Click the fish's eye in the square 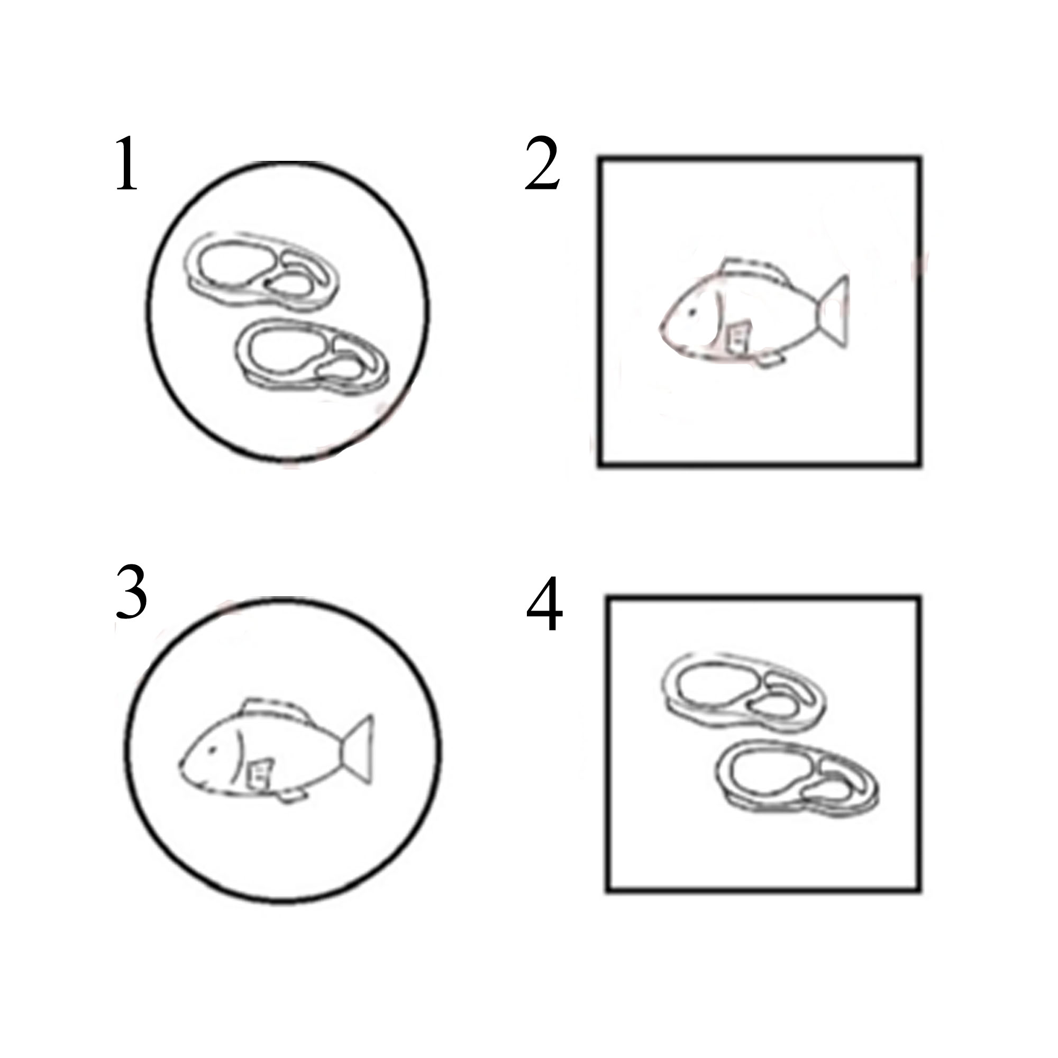click(691, 313)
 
